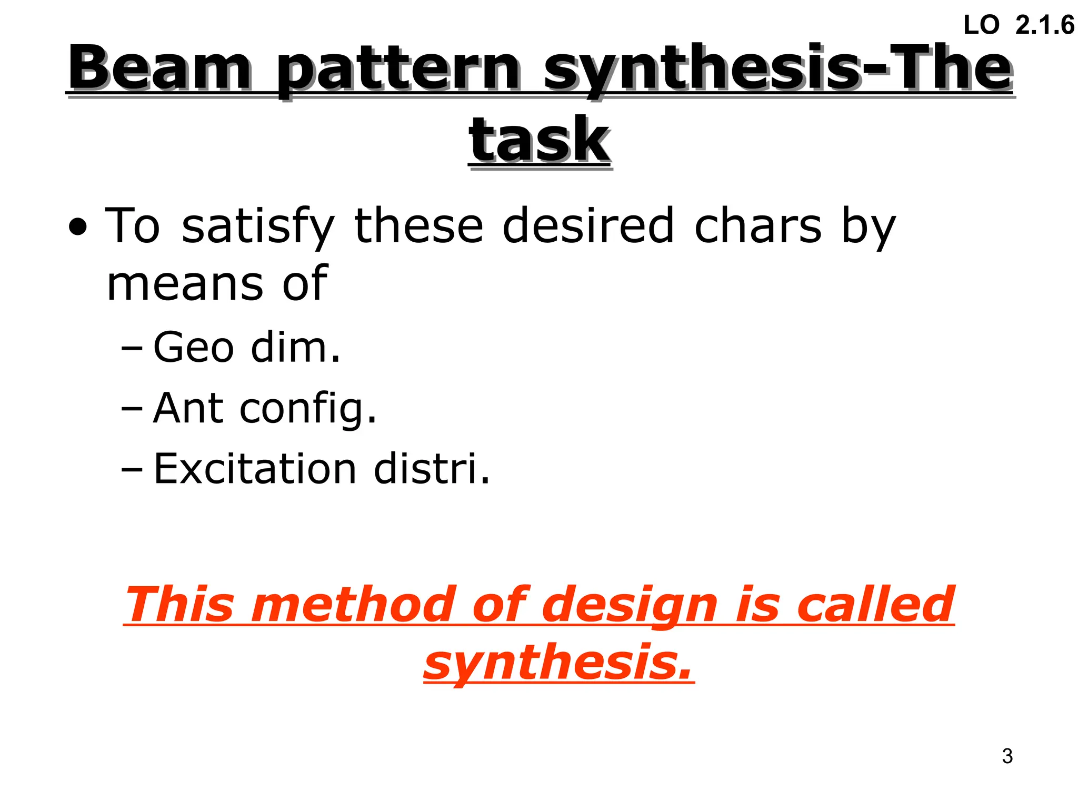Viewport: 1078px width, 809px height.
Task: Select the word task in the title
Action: click(540, 140)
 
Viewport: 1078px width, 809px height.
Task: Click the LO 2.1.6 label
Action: click(1019, 25)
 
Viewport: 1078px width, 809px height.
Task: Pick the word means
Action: click(184, 284)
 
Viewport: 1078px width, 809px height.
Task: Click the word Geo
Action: click(193, 348)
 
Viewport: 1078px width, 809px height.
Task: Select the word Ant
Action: click(188, 408)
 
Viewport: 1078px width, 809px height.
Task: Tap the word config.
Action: click(308, 410)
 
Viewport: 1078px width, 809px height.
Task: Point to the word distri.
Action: click(432, 468)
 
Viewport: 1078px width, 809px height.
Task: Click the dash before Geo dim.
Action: click(131, 349)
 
